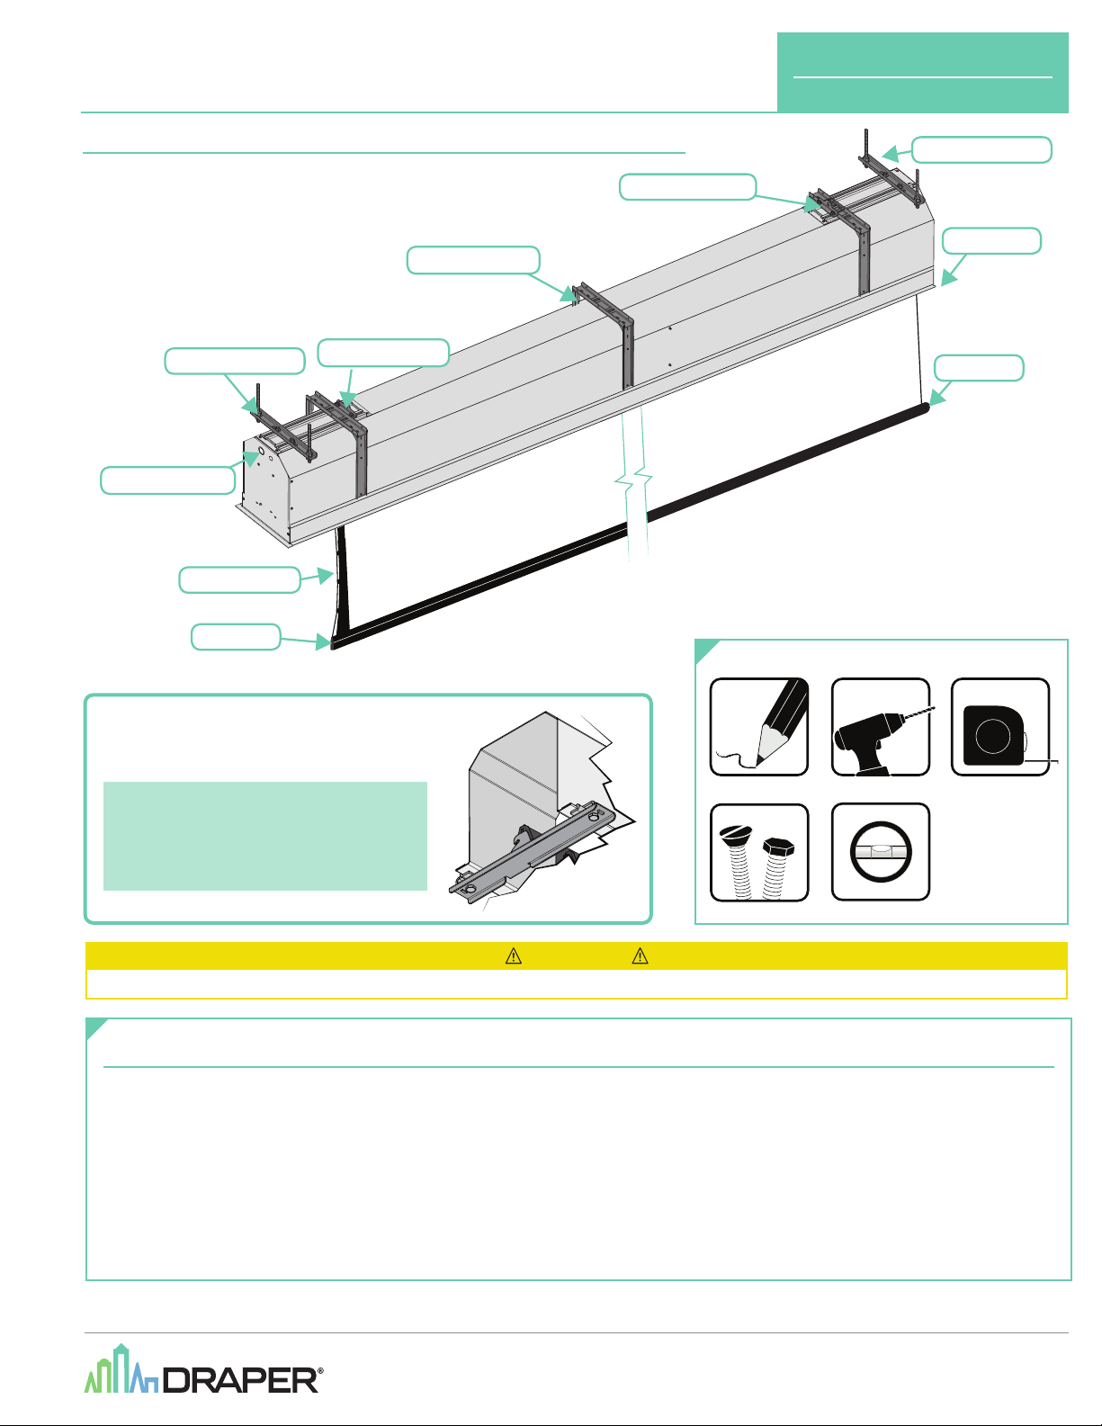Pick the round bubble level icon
(881, 852)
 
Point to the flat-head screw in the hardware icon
(738, 862)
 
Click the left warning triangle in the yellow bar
(514, 956)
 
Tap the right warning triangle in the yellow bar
(641, 956)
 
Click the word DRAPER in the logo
(240, 1380)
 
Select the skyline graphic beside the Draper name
(121, 1369)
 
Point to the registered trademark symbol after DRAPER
(320, 1371)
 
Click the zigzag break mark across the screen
(633, 482)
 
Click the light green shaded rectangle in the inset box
(265, 836)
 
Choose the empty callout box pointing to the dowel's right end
(979, 368)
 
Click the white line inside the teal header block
(923, 77)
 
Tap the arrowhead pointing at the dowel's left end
(323, 641)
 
